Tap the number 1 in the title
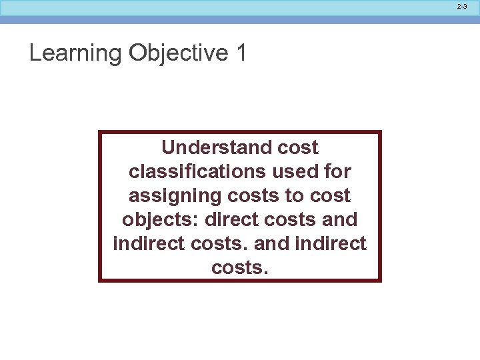[241, 53]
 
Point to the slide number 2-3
[462, 6]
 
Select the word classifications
[198, 171]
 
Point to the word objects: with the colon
[162, 219]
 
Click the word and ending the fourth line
[342, 219]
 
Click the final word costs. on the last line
[239, 267]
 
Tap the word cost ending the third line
[332, 195]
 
